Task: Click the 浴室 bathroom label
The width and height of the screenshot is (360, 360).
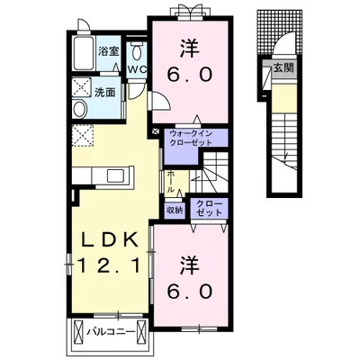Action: tap(109, 51)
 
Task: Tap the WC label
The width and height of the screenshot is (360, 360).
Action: tap(137, 69)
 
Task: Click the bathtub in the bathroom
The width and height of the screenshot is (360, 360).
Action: tap(85, 53)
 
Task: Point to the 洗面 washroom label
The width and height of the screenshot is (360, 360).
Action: tap(105, 93)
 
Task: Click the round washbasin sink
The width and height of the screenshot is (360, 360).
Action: tap(80, 109)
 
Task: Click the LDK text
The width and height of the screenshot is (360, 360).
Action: tap(110, 239)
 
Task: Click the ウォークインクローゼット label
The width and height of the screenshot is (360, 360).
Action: tap(191, 138)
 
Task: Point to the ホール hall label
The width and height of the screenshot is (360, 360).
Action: tap(170, 182)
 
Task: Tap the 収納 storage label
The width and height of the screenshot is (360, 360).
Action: tap(175, 211)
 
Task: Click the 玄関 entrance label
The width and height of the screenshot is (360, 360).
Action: tap(283, 69)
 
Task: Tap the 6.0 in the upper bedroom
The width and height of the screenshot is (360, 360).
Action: tap(190, 75)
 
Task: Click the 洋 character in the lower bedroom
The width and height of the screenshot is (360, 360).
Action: tap(190, 266)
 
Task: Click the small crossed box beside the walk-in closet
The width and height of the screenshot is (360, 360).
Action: tap(156, 131)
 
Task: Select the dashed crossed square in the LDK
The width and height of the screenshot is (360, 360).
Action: tap(83, 136)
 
